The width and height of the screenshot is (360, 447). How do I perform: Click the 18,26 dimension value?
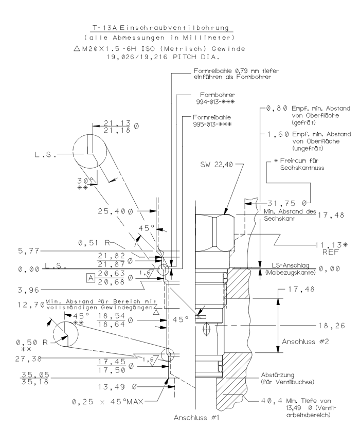pos(331,326)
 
